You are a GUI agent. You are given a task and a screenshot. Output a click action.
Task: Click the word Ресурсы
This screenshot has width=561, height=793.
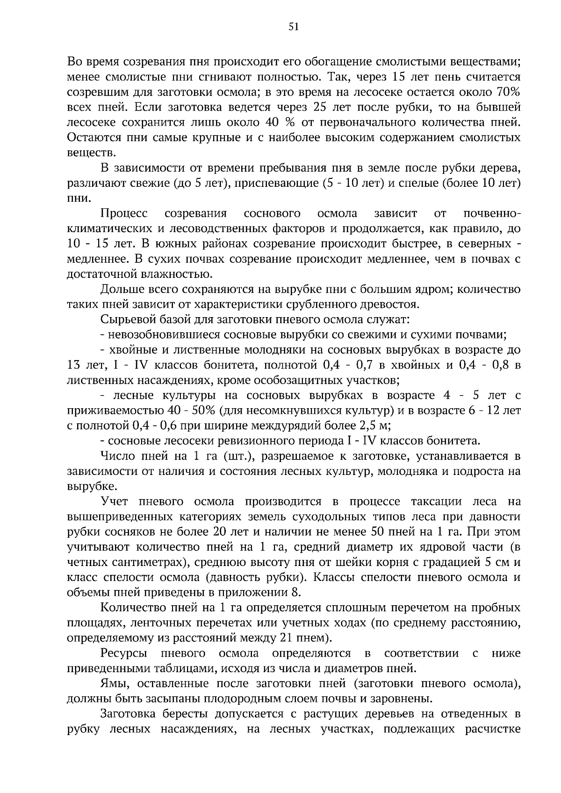click(x=122, y=653)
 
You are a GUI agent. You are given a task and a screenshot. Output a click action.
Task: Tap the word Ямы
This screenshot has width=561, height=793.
click(x=111, y=684)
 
